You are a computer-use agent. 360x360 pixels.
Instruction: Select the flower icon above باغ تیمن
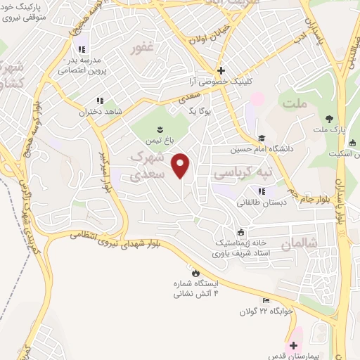click(x=160, y=127)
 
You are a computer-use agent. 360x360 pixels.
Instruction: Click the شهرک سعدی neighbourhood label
click(x=148, y=164)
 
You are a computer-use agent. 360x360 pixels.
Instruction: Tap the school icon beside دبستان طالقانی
click(x=262, y=191)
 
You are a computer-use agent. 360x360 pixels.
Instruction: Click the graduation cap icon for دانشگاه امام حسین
click(x=262, y=139)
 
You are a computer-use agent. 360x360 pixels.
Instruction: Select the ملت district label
click(x=295, y=104)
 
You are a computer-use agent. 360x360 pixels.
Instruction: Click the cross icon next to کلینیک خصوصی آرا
click(x=221, y=70)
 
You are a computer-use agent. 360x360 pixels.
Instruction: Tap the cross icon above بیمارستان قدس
click(x=293, y=345)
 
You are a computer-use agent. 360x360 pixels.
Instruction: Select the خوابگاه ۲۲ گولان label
click(x=264, y=311)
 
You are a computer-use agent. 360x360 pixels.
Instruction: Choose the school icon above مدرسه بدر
click(x=82, y=49)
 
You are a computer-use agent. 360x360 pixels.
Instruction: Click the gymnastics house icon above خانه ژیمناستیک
click(x=241, y=233)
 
